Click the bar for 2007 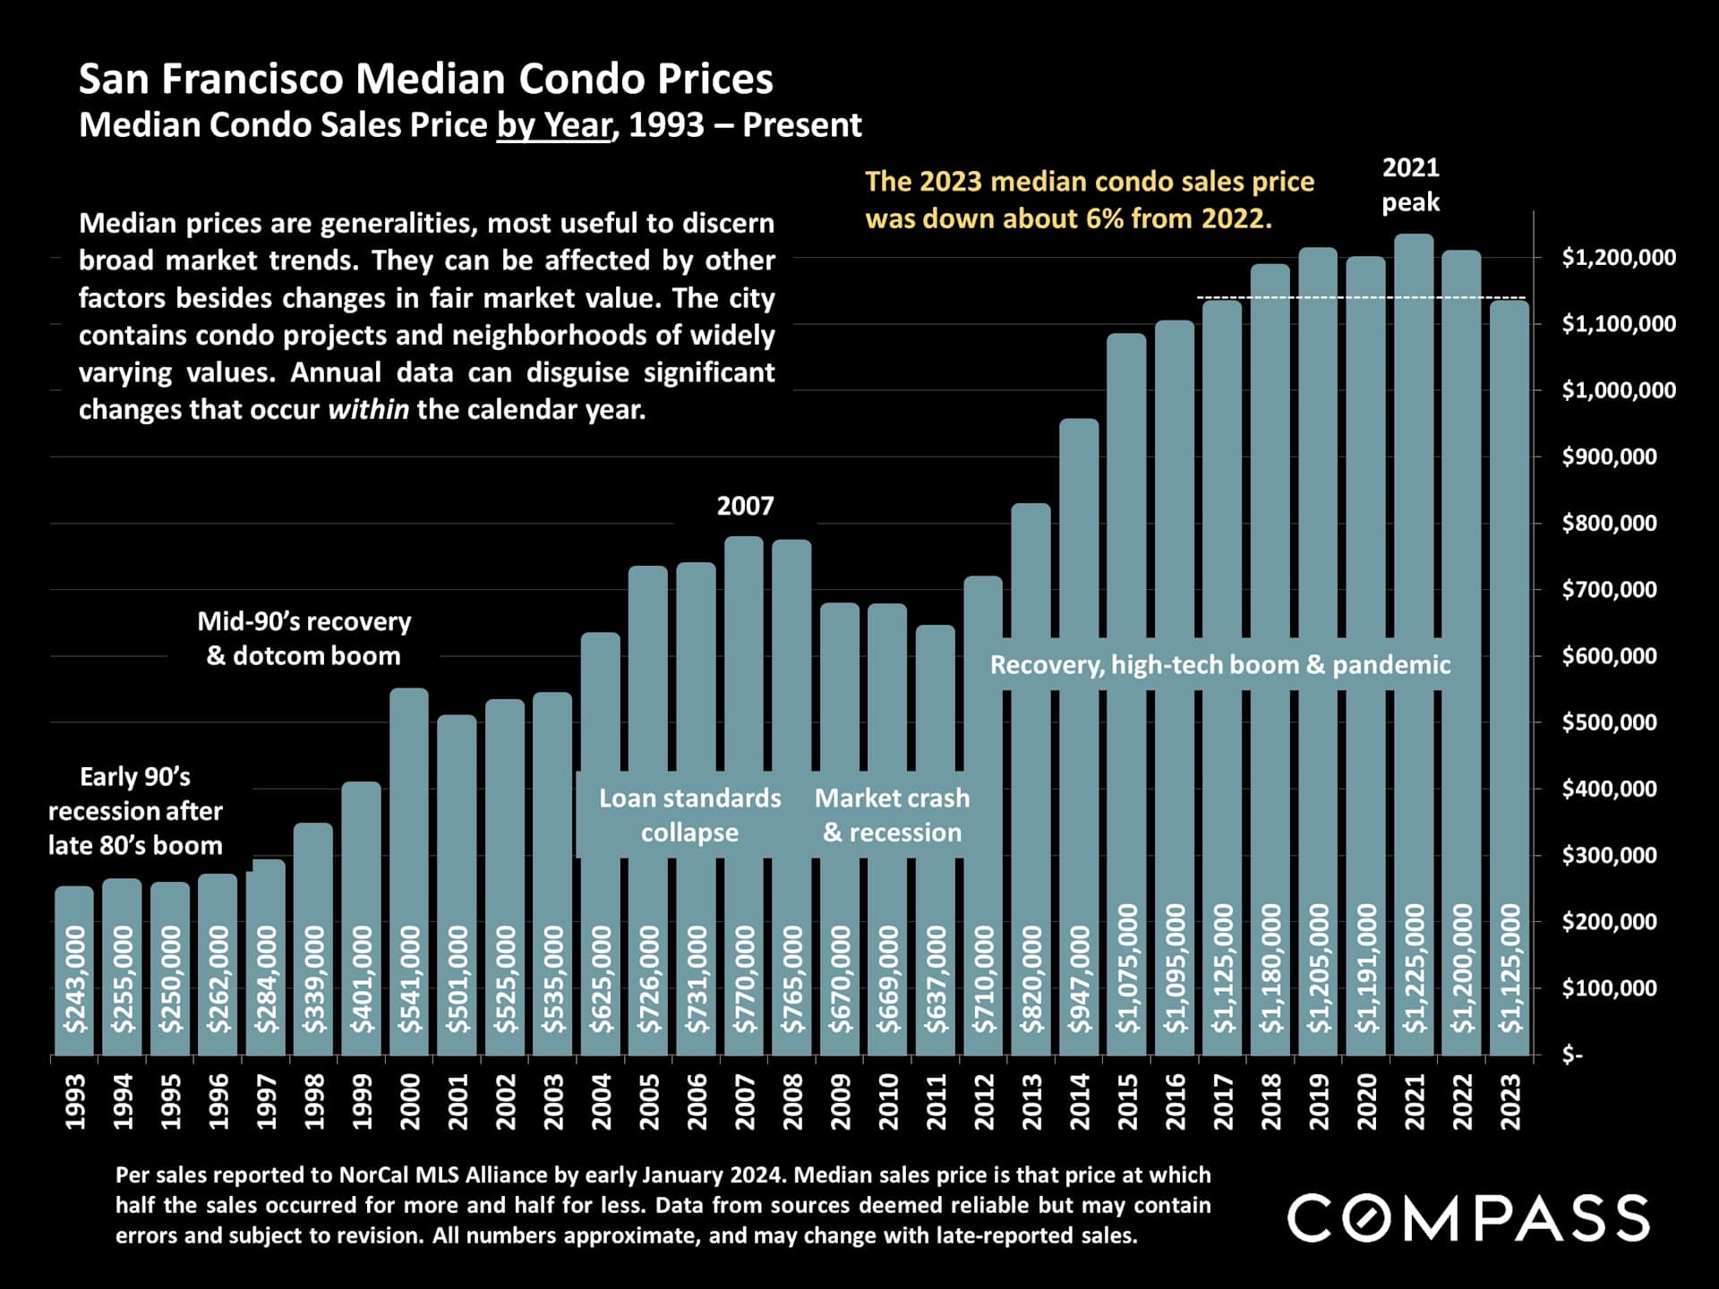coord(744,716)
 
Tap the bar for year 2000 coord(409,806)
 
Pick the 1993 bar coord(74,967)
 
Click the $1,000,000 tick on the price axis coord(1619,390)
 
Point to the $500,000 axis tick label coord(1609,722)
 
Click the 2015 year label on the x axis coord(1127,1101)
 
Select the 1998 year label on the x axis coord(314,1101)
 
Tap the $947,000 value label coord(1080,978)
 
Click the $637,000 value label coord(936,978)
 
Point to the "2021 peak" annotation coord(1411,184)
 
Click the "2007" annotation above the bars coord(745,507)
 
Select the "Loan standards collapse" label coord(689,815)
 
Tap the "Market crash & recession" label coord(892,815)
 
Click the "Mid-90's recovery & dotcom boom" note coord(304,638)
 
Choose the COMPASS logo coord(1468,1217)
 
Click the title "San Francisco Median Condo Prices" coord(426,79)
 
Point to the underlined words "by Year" coord(554,125)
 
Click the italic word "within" coord(369,410)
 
